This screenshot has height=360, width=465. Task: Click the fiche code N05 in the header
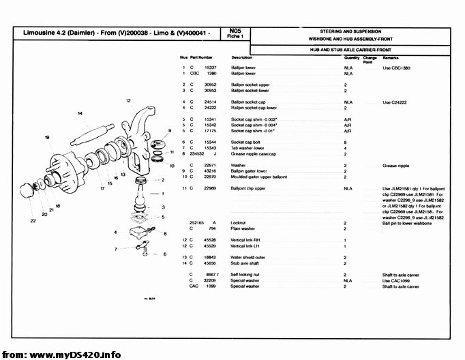pyautogui.click(x=235, y=31)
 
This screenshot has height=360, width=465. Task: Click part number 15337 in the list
pyautogui.click(x=211, y=67)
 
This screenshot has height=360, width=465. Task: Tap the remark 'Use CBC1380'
pyautogui.click(x=396, y=67)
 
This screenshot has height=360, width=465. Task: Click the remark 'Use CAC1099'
pyautogui.click(x=396, y=280)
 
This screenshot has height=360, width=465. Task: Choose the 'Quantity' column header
pyautogui.click(x=352, y=58)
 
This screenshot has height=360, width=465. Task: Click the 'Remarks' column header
pyautogui.click(x=391, y=58)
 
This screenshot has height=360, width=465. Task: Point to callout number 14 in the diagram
pyautogui.click(x=80, y=112)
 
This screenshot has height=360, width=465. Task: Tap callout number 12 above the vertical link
pyautogui.click(x=128, y=101)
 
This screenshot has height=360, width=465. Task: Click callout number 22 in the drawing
pyautogui.click(x=33, y=221)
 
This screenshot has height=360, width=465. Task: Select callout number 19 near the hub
pyautogui.click(x=47, y=138)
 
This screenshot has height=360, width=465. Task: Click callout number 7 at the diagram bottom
pyautogui.click(x=117, y=249)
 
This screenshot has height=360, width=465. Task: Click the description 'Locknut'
pyautogui.click(x=238, y=223)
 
